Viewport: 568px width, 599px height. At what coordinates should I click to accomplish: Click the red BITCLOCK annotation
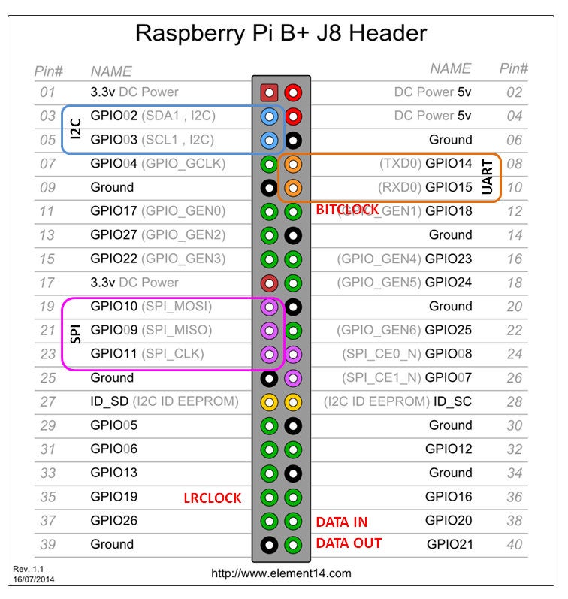(x=347, y=210)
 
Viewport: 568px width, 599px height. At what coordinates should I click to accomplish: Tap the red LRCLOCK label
(x=213, y=498)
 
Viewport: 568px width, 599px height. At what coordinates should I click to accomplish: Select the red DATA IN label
(x=341, y=522)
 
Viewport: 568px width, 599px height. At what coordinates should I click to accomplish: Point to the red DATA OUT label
(x=349, y=543)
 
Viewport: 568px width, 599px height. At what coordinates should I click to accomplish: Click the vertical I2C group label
(x=75, y=129)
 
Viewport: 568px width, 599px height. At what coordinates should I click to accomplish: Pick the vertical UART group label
(x=489, y=177)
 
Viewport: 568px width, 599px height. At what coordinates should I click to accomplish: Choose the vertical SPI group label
(x=75, y=333)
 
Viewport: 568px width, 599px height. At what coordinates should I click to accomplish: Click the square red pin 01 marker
(x=269, y=93)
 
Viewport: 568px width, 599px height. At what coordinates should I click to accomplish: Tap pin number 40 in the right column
(x=514, y=545)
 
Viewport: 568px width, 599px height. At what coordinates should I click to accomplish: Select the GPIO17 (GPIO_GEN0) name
(x=157, y=211)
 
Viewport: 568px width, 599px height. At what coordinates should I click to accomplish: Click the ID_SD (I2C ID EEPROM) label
(x=165, y=401)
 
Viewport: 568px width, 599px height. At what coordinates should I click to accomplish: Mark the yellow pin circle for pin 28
(x=294, y=402)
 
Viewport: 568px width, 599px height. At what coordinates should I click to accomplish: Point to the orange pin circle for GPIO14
(x=294, y=164)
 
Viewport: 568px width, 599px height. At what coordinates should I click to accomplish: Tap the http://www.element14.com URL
(x=281, y=573)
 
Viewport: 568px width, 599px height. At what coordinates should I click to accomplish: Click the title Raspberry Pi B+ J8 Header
(x=281, y=32)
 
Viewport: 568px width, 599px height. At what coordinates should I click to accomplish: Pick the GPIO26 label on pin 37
(x=113, y=520)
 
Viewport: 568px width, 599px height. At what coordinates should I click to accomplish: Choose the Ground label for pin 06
(x=450, y=140)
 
